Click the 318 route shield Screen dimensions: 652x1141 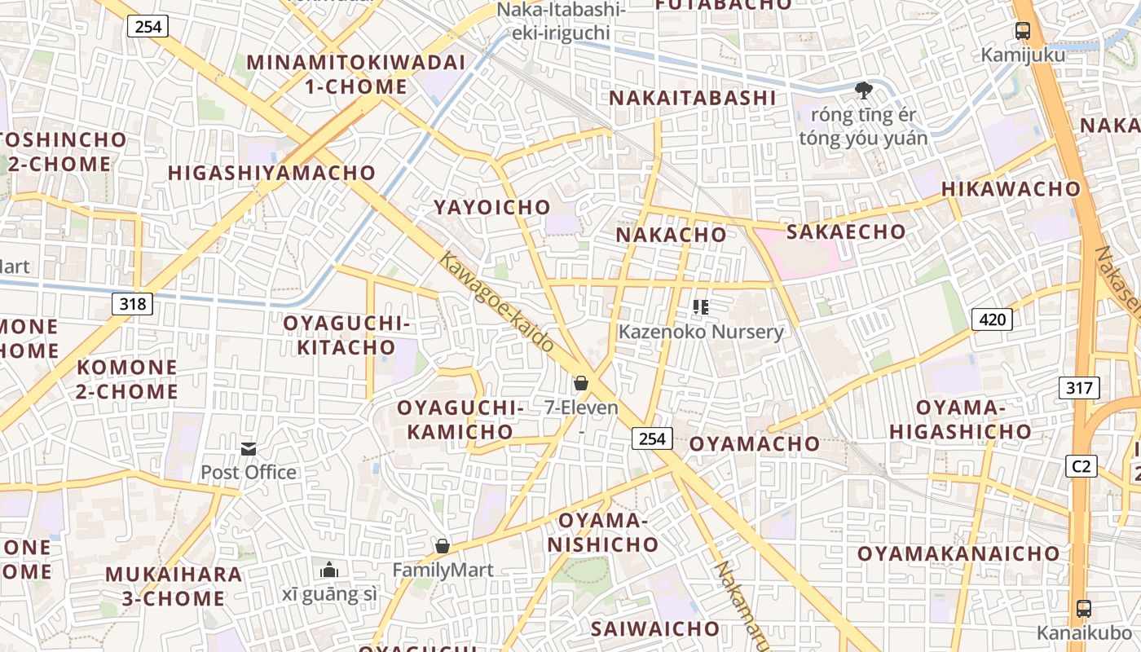pos(132,304)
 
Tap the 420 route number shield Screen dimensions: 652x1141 pos(992,319)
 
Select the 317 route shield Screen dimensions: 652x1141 pos(1079,388)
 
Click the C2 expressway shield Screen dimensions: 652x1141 pos(1081,466)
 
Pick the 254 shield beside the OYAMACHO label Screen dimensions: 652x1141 pos(652,439)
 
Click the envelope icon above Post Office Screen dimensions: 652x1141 pos(249,449)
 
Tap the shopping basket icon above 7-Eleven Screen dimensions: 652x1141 pos(581,383)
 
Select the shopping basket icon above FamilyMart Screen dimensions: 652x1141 pos(443,546)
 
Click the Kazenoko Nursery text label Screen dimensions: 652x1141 pos(701,332)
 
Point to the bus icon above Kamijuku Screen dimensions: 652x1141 pos(1022,32)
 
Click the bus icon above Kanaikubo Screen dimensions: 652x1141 pos(1083,608)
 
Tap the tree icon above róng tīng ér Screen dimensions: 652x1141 pos(863,90)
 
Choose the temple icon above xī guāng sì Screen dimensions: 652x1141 pos(329,569)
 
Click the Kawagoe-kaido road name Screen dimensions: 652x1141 pos(497,302)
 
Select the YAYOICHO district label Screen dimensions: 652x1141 pos(492,207)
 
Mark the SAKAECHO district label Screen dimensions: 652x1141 pos(846,231)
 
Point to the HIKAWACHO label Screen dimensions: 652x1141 pos(1011,189)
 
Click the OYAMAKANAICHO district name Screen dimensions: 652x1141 pos(958,554)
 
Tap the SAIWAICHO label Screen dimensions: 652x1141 pos(655,629)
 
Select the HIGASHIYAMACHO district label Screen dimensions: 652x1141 pos(271,173)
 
